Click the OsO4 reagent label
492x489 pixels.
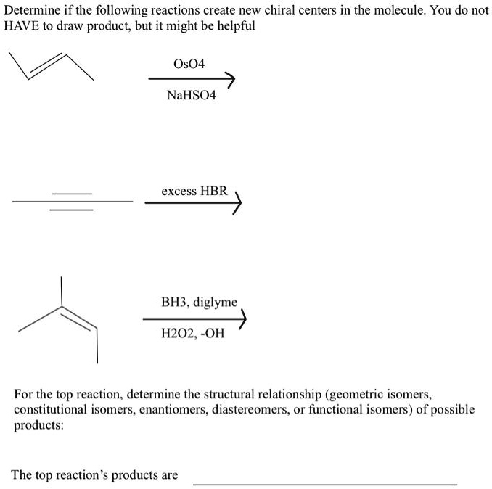click(x=190, y=64)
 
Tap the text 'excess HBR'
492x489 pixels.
click(x=194, y=191)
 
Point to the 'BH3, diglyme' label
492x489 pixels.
click(x=199, y=302)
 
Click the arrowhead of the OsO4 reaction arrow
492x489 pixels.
click(x=231, y=78)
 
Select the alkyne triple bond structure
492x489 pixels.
click(x=72, y=201)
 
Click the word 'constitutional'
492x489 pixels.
click(x=47, y=409)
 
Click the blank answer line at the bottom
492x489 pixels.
click(x=324, y=482)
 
